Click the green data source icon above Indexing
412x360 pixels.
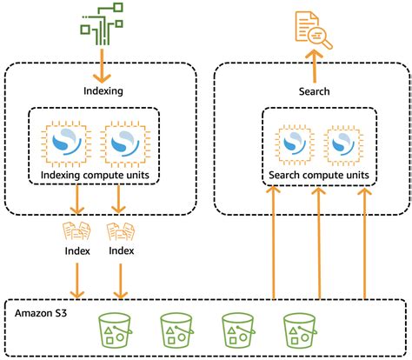tap(102, 23)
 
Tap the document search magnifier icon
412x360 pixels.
tap(314, 30)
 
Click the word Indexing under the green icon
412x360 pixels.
tap(103, 91)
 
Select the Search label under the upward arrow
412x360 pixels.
tap(315, 91)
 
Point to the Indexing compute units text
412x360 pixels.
tap(95, 176)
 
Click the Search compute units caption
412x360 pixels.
tap(319, 176)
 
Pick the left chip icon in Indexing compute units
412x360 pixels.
tap(66, 143)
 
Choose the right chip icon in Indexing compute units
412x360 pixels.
tap(125, 143)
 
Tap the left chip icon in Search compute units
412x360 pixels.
tap(295, 143)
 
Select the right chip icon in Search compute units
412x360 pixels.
tap(343, 143)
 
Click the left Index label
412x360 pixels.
tap(77, 251)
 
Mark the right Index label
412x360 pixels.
tap(122, 250)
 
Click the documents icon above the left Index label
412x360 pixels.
tap(76, 231)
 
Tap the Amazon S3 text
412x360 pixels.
tap(41, 313)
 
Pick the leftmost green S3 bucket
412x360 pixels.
tap(115, 330)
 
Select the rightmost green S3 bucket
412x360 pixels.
tap(300, 330)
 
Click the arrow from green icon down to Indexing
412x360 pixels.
tap(102, 65)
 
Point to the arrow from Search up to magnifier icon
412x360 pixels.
tap(314, 66)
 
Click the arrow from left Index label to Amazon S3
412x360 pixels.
tap(77, 280)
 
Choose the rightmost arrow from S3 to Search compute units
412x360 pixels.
tap(364, 243)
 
